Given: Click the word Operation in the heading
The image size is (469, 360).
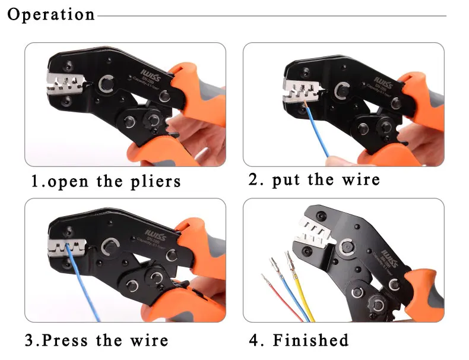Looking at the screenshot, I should (51, 14).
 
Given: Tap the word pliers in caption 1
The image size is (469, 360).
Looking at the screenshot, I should (155, 181).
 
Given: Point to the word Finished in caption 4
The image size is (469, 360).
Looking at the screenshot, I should (310, 340).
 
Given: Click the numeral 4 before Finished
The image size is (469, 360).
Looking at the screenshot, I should (254, 340).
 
